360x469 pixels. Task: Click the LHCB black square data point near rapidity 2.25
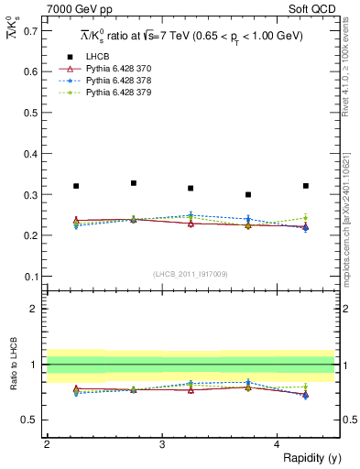[76, 186]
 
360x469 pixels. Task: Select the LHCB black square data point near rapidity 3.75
[248, 194]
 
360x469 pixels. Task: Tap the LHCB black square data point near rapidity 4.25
[306, 186]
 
